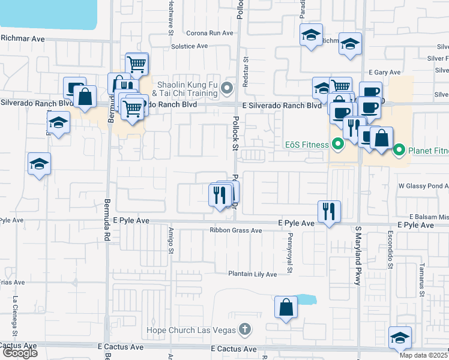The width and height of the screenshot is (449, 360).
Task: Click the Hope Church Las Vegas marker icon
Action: [244, 329]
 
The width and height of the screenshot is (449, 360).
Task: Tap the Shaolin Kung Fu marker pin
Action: [227, 89]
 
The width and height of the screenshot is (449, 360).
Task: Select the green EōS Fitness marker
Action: [337, 145]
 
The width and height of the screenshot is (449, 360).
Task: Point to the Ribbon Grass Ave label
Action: [236, 230]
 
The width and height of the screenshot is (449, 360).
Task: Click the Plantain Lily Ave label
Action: [252, 274]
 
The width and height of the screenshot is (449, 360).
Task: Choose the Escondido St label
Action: [390, 251]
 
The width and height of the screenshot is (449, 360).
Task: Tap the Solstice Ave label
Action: [189, 46]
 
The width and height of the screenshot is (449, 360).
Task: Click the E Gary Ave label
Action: [384, 72]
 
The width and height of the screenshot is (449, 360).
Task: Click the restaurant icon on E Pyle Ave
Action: [328, 211]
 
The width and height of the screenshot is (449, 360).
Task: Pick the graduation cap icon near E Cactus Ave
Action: [399, 338]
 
